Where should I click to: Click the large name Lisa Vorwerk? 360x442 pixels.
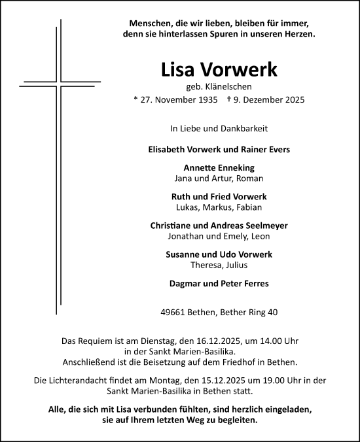point(219,70)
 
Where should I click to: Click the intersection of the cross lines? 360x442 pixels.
point(59,85)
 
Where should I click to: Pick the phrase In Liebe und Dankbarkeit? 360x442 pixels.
point(219,129)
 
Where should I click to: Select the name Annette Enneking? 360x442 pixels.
point(219,167)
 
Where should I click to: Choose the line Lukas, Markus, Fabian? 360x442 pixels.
point(219,207)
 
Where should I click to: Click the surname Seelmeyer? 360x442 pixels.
point(261,226)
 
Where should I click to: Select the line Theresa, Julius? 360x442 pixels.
point(219,265)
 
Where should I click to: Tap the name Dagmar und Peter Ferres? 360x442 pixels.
point(219,284)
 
